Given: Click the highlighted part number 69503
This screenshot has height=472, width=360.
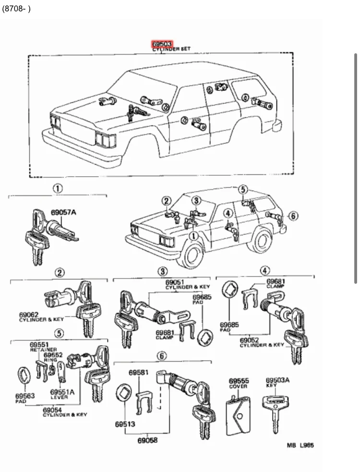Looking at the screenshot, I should click(162, 44).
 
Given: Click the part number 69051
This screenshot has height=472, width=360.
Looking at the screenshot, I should click(175, 282).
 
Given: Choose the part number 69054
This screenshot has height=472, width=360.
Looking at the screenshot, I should click(52, 410).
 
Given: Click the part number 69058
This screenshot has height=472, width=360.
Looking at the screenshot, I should click(147, 439).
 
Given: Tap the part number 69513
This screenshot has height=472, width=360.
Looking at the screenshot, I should click(124, 424).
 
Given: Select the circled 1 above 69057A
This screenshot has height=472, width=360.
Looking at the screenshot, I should click(57, 189).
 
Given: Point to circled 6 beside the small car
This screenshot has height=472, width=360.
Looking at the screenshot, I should click(293, 216).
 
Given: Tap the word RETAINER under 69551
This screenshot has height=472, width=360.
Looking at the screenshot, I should click(43, 350).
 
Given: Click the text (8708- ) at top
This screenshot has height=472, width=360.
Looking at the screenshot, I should click(16, 9).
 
